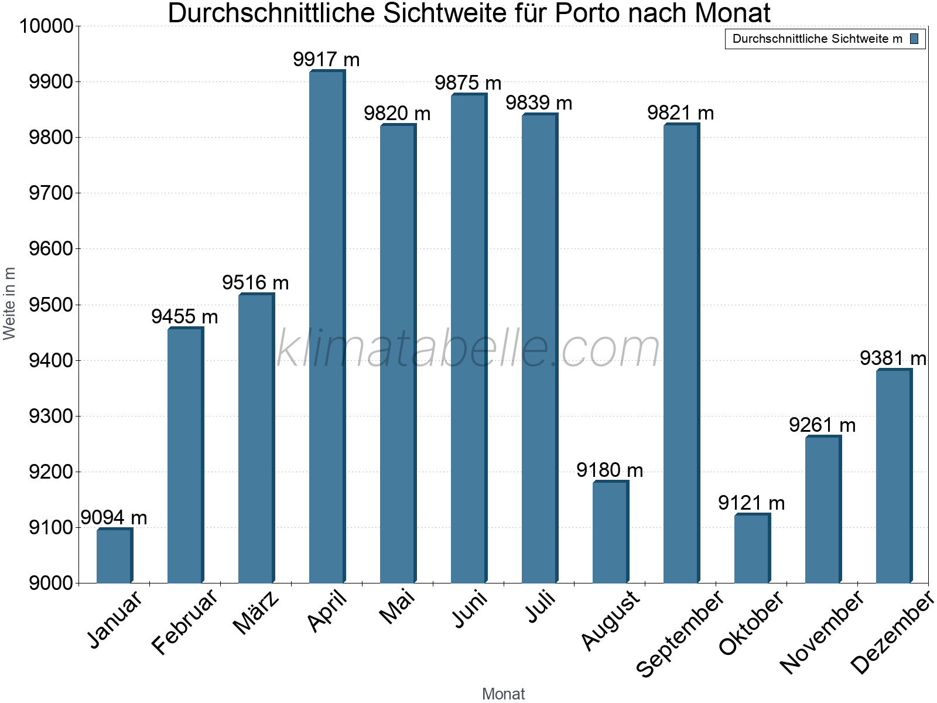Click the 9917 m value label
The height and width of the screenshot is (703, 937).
pos(326,60)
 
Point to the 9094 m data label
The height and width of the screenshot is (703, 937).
pos(114,518)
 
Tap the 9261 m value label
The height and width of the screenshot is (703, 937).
pos(822,425)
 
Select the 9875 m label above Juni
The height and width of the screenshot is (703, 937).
pos(468,83)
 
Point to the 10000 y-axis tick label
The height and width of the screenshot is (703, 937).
pos(46,26)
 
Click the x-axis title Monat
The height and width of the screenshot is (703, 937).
pos(503,694)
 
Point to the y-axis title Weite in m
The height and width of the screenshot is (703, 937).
pos(9,303)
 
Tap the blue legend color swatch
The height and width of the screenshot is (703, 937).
pos(914,39)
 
